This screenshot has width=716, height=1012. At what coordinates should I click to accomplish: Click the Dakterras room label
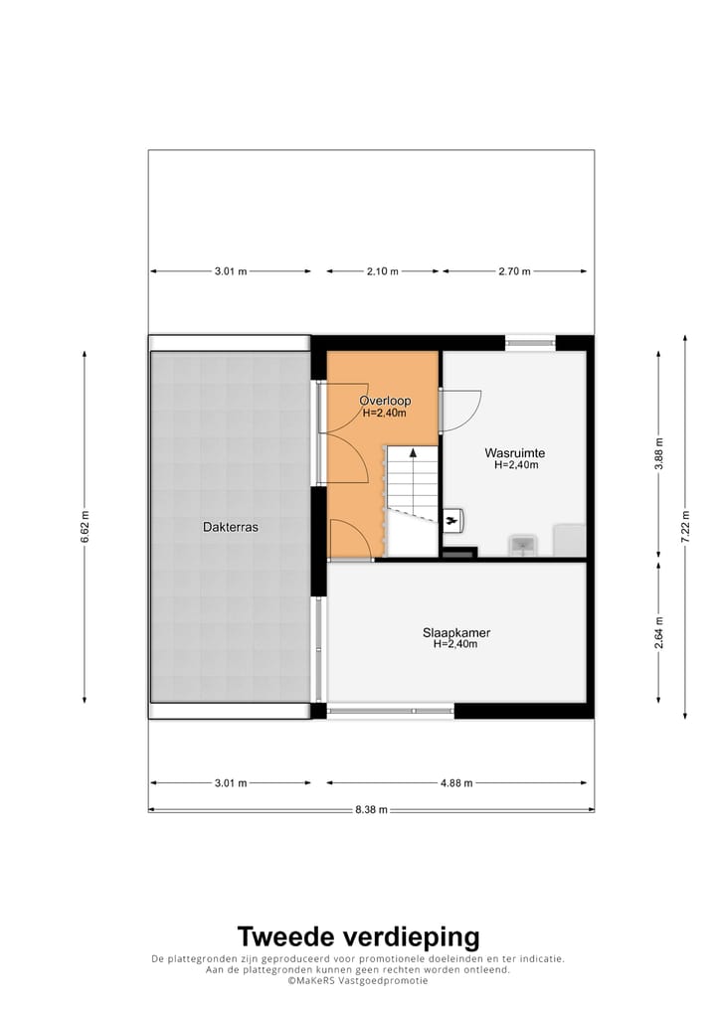click(230, 528)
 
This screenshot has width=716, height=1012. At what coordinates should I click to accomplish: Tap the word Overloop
click(385, 401)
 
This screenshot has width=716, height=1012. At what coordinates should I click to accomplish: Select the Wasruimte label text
click(515, 452)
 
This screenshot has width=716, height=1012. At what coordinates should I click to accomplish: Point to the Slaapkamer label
click(455, 632)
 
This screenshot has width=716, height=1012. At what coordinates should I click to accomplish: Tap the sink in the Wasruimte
click(523, 545)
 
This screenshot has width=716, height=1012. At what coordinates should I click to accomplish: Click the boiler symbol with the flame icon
click(454, 519)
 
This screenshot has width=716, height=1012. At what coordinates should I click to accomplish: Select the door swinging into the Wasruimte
click(460, 410)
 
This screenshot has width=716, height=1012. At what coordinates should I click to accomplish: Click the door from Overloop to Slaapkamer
click(350, 541)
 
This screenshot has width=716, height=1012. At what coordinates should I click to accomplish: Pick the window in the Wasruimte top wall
click(530, 343)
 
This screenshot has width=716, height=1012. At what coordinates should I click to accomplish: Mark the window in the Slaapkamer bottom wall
click(390, 710)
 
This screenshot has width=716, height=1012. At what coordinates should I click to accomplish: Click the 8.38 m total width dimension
click(371, 809)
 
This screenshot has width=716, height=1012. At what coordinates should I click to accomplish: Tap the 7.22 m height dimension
click(684, 527)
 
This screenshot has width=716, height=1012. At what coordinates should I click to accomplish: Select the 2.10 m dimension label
click(382, 271)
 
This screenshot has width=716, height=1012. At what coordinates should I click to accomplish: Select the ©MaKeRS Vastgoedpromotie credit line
click(358, 980)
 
